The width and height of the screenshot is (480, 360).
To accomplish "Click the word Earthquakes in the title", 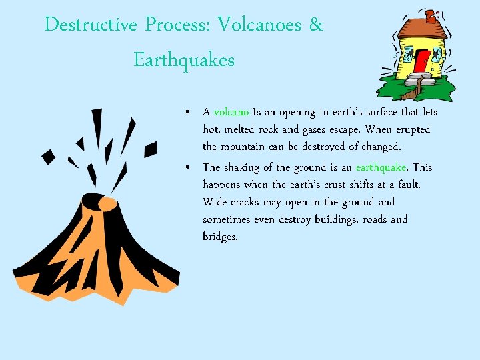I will pos(184,61).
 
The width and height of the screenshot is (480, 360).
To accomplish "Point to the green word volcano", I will pos(231,112).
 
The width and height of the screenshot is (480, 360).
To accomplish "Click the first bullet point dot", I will pos(190,112).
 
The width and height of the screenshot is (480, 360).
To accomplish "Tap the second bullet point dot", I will pos(190,167).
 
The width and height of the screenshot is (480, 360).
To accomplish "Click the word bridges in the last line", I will pos(219,237).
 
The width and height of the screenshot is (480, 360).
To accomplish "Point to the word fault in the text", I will pos(408,185).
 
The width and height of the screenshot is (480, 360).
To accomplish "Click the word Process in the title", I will pos(177,26).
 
